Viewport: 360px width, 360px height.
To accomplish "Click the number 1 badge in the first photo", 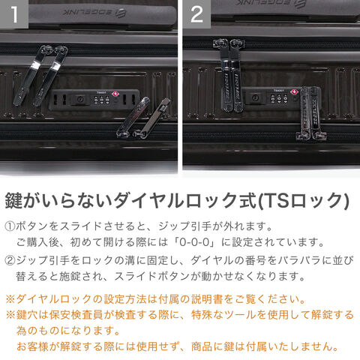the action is pyautogui.click(x=13, y=13).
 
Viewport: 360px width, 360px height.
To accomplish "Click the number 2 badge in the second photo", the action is pyautogui.click(x=196, y=13).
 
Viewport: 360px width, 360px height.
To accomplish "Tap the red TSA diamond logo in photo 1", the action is pyautogui.click(x=115, y=94).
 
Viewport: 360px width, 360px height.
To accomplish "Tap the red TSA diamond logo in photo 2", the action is pyautogui.click(x=293, y=91).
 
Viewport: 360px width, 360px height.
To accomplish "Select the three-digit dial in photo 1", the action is pyautogui.click(x=102, y=100).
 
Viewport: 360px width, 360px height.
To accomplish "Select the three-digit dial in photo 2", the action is pyautogui.click(x=280, y=98).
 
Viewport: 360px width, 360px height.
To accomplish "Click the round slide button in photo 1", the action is pyautogui.click(x=79, y=100).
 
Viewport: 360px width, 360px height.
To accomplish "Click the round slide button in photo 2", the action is pyautogui.click(x=256, y=97).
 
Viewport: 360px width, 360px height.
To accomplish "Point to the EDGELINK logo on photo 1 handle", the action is pyautogui.click(x=94, y=13).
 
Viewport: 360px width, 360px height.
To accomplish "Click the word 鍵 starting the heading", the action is pyautogui.click(x=13, y=200).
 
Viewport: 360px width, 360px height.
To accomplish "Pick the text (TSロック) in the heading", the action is pyautogui.click(x=303, y=200).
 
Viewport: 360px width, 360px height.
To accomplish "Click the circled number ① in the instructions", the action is pyautogui.click(x=10, y=226).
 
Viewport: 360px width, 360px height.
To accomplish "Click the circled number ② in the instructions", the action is pyautogui.click(x=10, y=261).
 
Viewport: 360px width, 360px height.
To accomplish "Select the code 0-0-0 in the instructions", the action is pyautogui.click(x=194, y=242).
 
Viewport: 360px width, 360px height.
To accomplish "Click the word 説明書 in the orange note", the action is pyautogui.click(x=207, y=299).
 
